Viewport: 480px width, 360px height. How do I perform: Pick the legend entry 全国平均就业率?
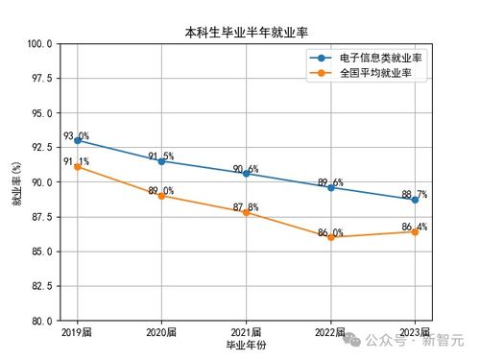point(375,72)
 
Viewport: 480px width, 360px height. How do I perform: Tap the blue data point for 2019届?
point(78,141)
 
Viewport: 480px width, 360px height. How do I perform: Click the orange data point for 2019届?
point(78,167)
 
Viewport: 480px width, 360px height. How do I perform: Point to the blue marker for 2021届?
point(246,174)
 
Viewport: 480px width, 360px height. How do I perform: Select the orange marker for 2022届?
point(330,237)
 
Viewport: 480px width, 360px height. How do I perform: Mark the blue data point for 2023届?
point(415,200)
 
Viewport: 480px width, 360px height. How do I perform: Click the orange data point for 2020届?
point(161,196)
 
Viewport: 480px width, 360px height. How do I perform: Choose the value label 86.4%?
point(414,227)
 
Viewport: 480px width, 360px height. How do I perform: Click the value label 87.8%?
point(246,206)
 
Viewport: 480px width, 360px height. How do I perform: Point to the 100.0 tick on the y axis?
point(39,44)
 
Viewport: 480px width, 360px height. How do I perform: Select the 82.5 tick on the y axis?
point(39,286)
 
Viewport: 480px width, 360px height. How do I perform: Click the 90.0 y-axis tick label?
point(39,182)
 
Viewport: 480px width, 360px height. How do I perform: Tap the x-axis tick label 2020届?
point(161,331)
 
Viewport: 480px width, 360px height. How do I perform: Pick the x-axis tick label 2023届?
point(415,331)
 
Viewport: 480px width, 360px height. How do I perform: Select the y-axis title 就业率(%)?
point(16,182)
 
